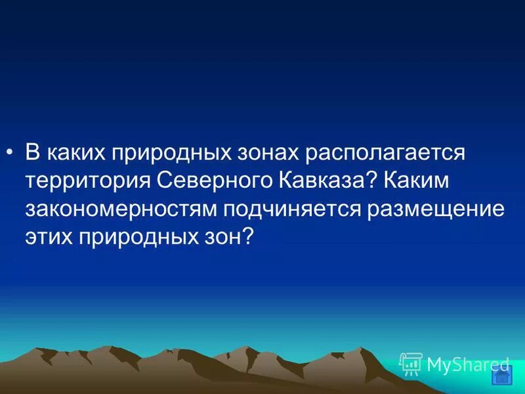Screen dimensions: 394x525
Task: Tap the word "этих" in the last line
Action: point(50,237)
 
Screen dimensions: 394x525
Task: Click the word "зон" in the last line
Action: point(221,237)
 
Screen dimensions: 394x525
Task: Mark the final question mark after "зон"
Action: point(248,237)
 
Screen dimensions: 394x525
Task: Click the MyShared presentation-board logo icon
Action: point(411,363)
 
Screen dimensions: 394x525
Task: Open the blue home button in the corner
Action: point(501,377)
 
